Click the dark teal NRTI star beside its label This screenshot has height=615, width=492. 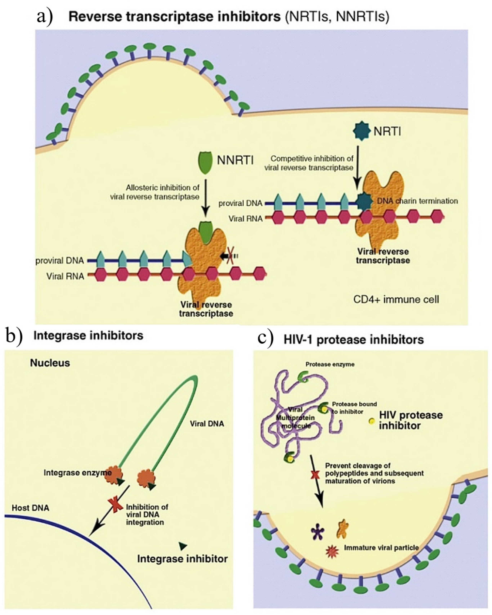pyautogui.click(x=362, y=131)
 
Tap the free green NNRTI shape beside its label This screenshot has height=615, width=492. pyautogui.click(x=205, y=162)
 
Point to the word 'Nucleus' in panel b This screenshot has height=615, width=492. pyautogui.click(x=50, y=363)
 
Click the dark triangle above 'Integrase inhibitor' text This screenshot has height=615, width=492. pyautogui.click(x=183, y=546)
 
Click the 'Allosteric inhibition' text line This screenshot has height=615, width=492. pyautogui.click(x=163, y=188)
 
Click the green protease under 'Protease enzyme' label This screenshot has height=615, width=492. pyautogui.click(x=303, y=377)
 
